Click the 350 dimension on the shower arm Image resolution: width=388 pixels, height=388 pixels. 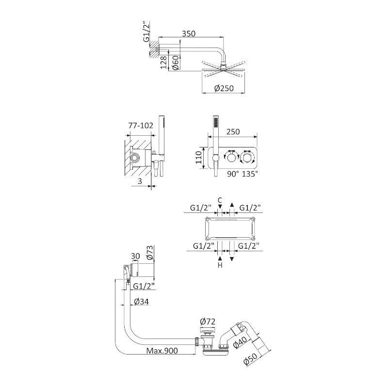(x=189, y=33)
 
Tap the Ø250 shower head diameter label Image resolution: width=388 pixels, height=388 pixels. (x=224, y=88)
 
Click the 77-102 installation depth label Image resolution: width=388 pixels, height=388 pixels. (x=141, y=126)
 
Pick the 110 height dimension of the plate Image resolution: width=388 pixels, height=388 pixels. (x=198, y=157)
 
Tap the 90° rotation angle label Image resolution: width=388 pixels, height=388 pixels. (x=233, y=174)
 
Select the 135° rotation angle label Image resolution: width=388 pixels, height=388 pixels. (x=250, y=174)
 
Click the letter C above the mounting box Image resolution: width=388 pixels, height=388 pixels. (x=220, y=200)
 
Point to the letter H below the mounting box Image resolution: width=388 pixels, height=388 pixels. (x=220, y=265)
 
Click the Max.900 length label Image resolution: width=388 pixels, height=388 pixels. (x=162, y=350)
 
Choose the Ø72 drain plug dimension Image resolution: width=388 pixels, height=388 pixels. (x=208, y=322)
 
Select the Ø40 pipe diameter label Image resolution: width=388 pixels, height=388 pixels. (x=240, y=342)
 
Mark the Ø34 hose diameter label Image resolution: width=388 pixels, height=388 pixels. (x=141, y=301)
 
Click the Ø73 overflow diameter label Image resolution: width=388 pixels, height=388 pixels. (x=150, y=253)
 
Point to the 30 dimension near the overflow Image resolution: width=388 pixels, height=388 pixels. (x=135, y=256)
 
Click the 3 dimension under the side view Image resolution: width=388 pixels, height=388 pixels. (x=140, y=181)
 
